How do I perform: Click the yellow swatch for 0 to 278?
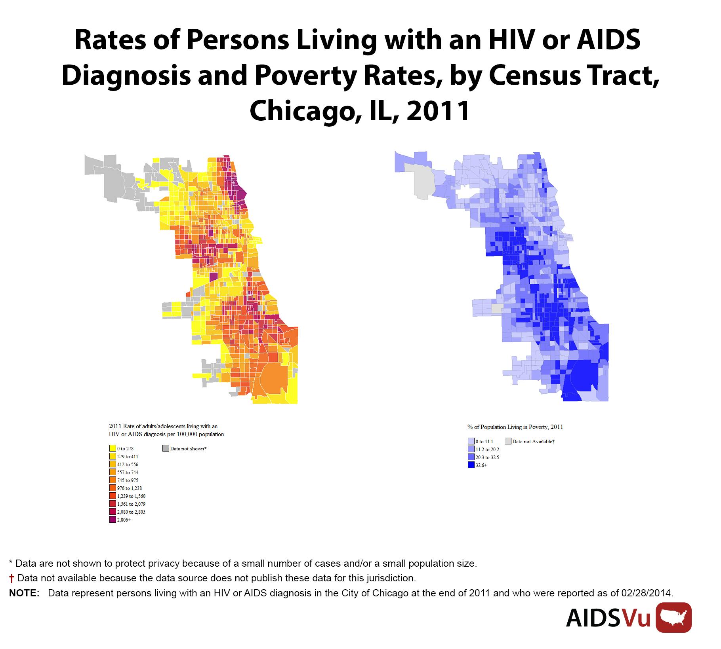click(113, 449)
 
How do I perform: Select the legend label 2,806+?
click(124, 520)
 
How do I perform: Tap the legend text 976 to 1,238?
click(130, 488)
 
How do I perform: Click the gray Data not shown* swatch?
click(166, 448)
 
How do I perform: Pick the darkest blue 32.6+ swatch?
click(471, 465)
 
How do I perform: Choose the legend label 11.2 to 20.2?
click(487, 450)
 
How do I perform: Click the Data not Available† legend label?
click(533, 442)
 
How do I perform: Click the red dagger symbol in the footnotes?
click(12, 579)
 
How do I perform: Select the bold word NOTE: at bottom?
click(24, 593)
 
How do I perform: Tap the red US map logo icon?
click(673, 618)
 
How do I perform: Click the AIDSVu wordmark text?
click(608, 619)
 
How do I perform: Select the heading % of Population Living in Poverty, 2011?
click(515, 427)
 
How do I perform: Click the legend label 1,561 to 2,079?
click(131, 504)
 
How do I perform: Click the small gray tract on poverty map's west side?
click(497, 309)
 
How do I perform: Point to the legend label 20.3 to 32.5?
click(487, 457)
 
